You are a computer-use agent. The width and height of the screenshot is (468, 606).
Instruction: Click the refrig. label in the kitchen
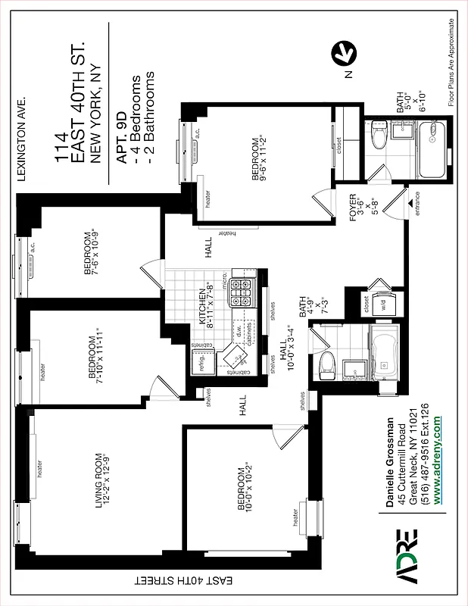point(202,362)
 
